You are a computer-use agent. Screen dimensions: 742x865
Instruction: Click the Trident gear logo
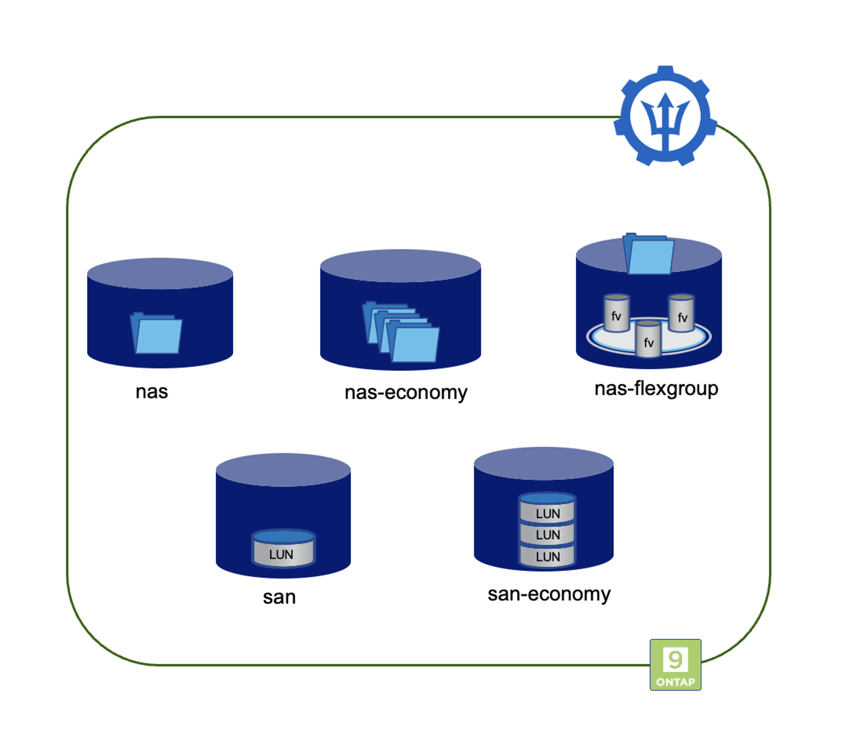coord(665,116)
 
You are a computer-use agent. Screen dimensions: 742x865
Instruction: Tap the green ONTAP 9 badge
coord(675,665)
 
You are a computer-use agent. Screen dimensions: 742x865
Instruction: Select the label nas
coord(151,392)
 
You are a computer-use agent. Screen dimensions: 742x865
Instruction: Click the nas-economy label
coord(406,392)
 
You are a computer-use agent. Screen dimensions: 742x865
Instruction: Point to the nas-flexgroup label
coord(656,389)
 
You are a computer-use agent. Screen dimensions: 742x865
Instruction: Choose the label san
coord(279,597)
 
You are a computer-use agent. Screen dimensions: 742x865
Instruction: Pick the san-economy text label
coord(549,594)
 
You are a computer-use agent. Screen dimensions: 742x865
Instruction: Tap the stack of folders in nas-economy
coord(401,331)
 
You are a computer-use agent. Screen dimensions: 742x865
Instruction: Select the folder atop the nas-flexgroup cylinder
coord(649,254)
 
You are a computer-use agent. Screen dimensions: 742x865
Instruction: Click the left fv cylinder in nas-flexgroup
coord(616,314)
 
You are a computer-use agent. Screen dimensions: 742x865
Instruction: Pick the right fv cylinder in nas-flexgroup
coord(682,314)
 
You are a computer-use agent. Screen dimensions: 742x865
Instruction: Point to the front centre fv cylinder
coord(649,340)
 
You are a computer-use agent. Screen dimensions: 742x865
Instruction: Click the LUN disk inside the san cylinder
coord(283,548)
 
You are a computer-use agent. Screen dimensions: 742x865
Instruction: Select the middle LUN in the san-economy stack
coord(547,535)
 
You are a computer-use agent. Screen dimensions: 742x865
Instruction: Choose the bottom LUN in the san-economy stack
coord(547,556)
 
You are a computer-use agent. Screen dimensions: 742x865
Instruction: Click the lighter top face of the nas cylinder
coord(160,273)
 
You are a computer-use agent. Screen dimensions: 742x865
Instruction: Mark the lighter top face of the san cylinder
coord(283,470)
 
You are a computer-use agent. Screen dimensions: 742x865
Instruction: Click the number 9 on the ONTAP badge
coord(675,659)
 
